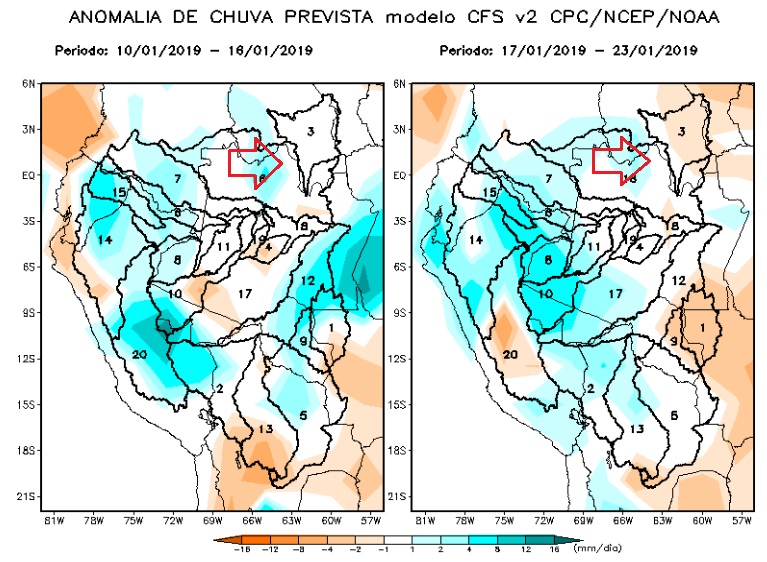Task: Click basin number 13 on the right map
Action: coord(636,429)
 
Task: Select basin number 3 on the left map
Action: coord(311,131)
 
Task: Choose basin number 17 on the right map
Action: coord(616,293)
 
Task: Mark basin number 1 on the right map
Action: coord(702,328)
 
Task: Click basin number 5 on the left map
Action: coord(301,414)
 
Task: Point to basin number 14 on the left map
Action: coord(105,240)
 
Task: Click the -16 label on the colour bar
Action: coord(240,548)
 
